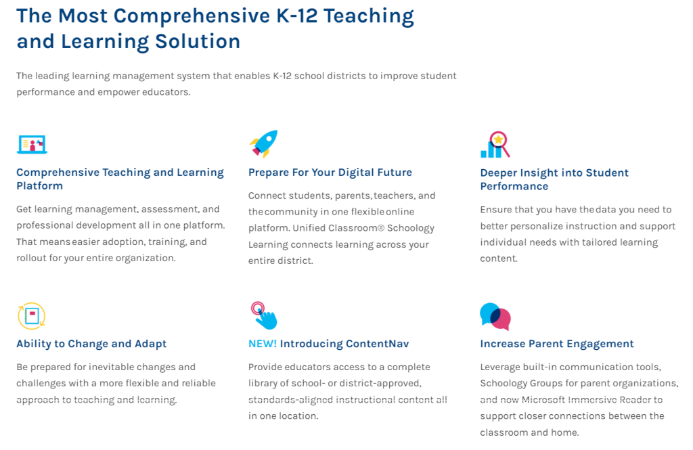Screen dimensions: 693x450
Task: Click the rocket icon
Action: pyautogui.click(x=264, y=143)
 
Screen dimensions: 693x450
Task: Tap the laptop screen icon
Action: pyautogui.click(x=32, y=145)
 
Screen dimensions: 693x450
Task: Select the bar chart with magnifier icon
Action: pyautogui.click(x=495, y=145)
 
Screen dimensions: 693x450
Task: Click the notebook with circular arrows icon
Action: pyautogui.click(x=31, y=316)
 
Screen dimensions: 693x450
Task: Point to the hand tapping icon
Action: pyautogui.click(x=264, y=315)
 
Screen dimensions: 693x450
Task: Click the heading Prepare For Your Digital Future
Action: pyautogui.click(x=330, y=173)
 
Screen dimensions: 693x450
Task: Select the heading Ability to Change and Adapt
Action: pyautogui.click(x=91, y=344)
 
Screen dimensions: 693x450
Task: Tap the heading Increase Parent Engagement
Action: pyautogui.click(x=557, y=344)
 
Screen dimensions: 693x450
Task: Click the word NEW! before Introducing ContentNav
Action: pyautogui.click(x=263, y=344)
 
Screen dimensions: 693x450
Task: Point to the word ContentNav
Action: pyautogui.click(x=378, y=344)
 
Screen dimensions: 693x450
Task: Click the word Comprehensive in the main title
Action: pyautogui.click(x=192, y=16)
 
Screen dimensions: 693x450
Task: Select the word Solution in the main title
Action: pyautogui.click(x=198, y=41)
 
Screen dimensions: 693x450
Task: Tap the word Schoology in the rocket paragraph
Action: pyautogui.click(x=411, y=228)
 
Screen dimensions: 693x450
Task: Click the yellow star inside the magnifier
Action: pyautogui.click(x=499, y=139)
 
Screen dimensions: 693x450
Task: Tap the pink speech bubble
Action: pyautogui.click(x=501, y=320)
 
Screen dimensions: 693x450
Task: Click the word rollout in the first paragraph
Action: pyautogui.click(x=31, y=258)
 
